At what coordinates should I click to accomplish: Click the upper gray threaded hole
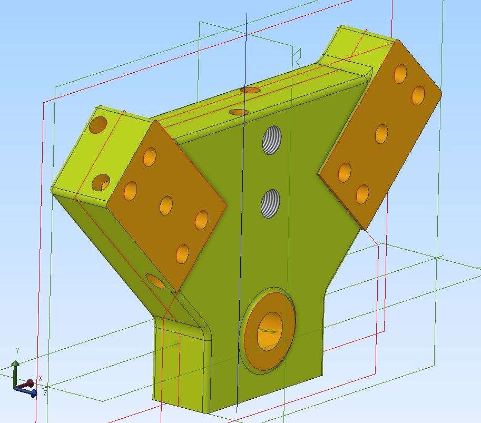(x=272, y=140)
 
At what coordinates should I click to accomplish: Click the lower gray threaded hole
(x=271, y=204)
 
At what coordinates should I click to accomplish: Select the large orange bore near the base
(x=270, y=331)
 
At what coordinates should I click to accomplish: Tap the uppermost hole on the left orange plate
(x=150, y=157)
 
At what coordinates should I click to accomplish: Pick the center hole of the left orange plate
(x=166, y=205)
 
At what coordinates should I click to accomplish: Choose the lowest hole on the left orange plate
(x=182, y=254)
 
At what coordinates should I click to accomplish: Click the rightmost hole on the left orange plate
(x=202, y=220)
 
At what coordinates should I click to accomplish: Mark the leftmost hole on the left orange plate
(x=131, y=191)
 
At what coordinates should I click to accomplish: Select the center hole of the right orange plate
(x=381, y=134)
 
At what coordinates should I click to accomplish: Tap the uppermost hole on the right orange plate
(x=400, y=74)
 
